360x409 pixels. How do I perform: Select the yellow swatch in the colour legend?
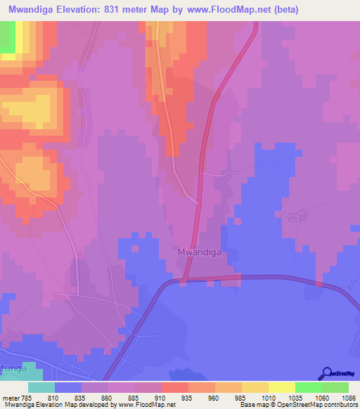click(282, 387)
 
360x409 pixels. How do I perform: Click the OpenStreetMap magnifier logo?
click(326, 374)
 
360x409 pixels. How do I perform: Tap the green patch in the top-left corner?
click(7, 37)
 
